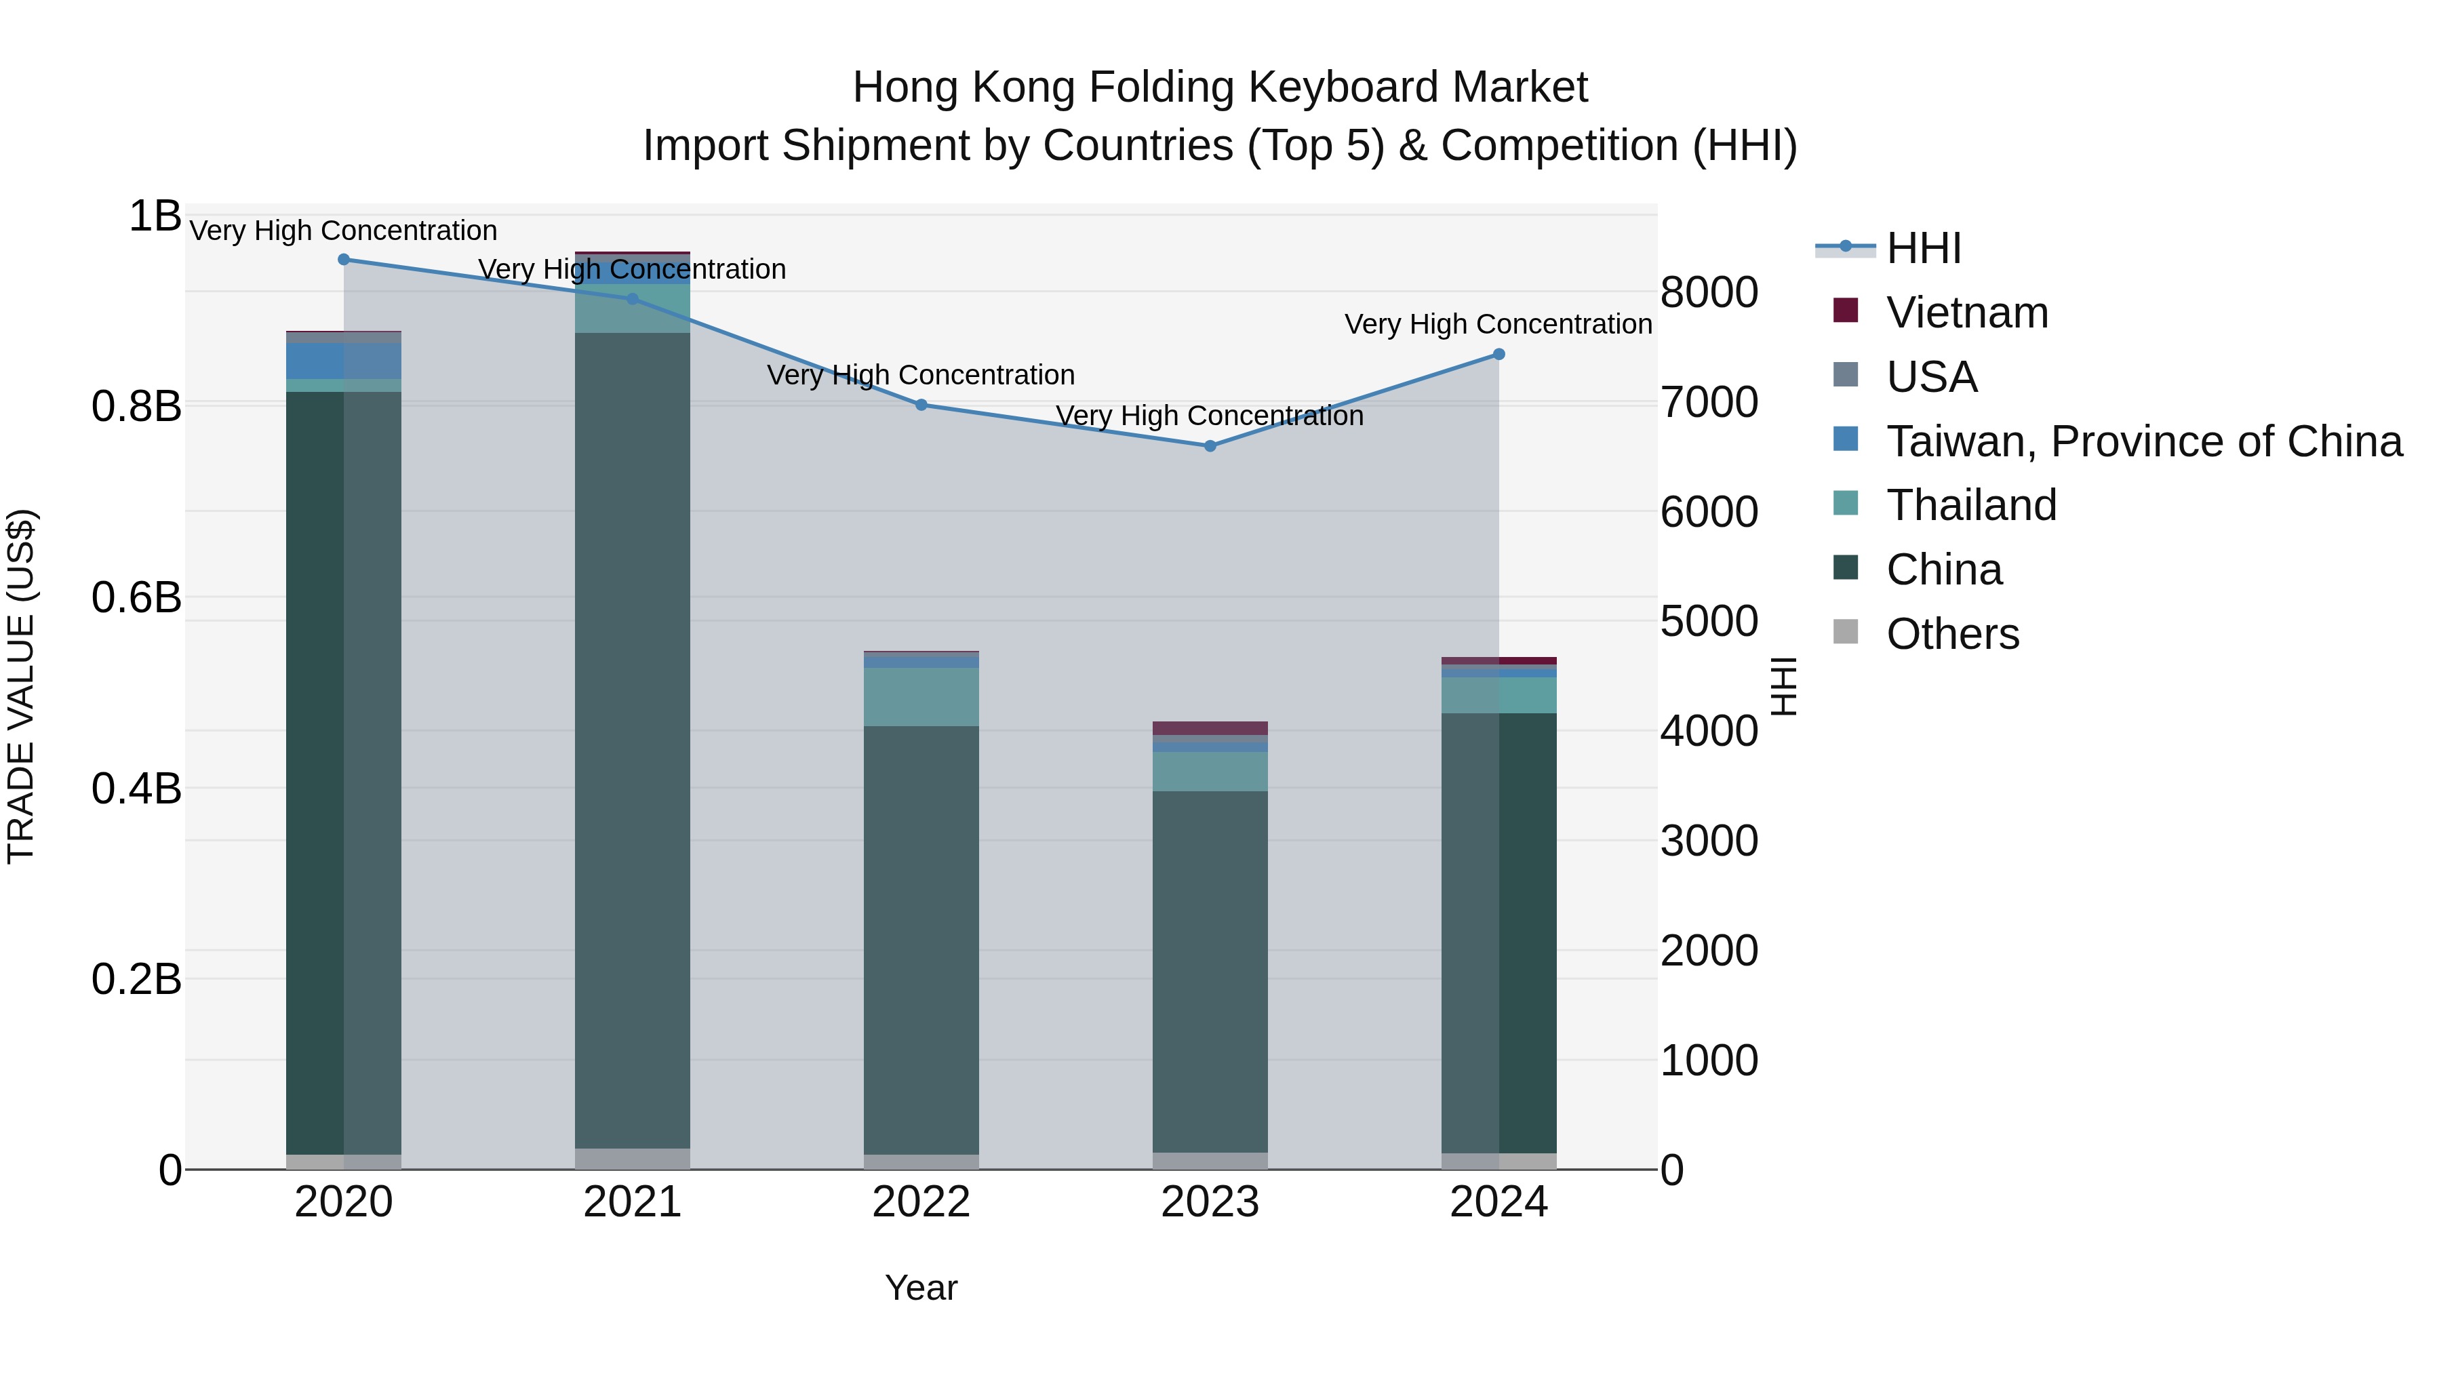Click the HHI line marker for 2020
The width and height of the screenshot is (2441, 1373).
[x=344, y=260]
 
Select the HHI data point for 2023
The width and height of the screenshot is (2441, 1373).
[x=1210, y=445]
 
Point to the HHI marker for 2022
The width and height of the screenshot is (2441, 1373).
[x=921, y=405]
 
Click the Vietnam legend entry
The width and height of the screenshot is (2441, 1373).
[x=1966, y=313]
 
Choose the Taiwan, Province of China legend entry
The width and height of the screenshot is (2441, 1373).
[x=2143, y=441]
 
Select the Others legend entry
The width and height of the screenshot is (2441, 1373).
[x=1952, y=633]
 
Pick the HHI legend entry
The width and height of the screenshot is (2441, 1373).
[x=1924, y=248]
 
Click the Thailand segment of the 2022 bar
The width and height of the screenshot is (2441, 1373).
[x=921, y=698]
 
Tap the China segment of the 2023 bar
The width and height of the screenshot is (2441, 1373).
[x=1210, y=971]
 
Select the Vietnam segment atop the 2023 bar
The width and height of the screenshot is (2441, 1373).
[x=1210, y=728]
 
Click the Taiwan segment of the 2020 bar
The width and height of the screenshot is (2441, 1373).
[x=344, y=361]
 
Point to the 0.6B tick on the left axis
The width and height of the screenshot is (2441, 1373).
[x=136, y=598]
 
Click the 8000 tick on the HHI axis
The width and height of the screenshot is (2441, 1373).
[x=1709, y=293]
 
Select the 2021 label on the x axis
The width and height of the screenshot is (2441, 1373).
[x=632, y=1202]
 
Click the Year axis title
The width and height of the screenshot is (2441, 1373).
[x=921, y=1288]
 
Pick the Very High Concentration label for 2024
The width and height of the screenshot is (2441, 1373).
[x=1498, y=324]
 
